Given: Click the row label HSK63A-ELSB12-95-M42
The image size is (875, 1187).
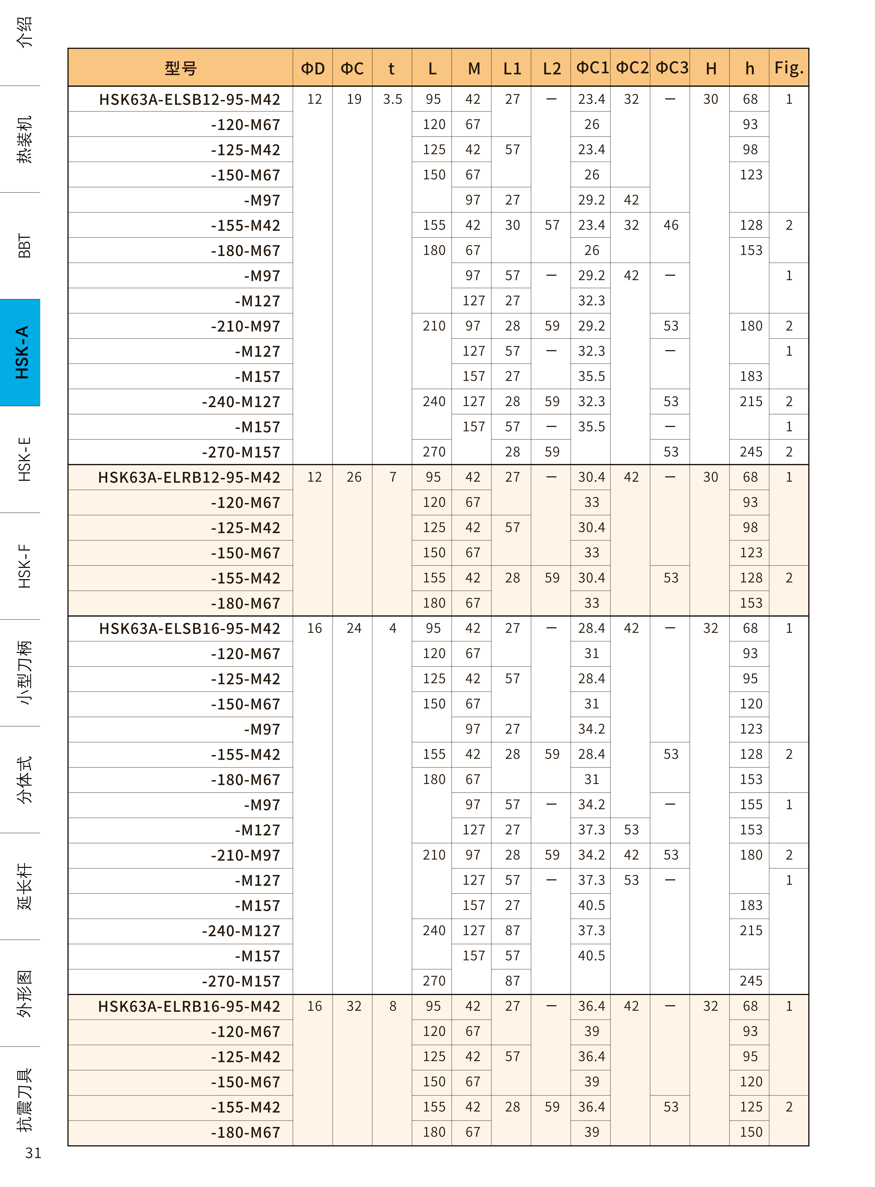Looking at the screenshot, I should (189, 99).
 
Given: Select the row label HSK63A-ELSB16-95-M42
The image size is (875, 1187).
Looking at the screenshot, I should (189, 628).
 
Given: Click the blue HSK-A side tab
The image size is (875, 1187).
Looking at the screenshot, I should (21, 353).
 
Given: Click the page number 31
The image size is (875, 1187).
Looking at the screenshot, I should (33, 1153).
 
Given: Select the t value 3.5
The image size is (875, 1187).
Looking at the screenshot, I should (392, 99).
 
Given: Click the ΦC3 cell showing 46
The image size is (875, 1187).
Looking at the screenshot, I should (671, 226).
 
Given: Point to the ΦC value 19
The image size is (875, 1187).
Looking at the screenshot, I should (354, 99).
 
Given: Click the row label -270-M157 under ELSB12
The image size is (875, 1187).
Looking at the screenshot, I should (241, 452).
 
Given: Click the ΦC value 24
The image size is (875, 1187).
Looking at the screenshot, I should (354, 628).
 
